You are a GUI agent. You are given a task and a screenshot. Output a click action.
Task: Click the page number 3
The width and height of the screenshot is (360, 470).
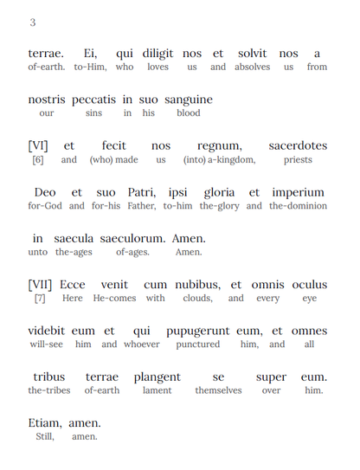click(x=33, y=23)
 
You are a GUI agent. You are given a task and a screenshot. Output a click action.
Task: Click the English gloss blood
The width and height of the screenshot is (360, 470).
click(x=188, y=113)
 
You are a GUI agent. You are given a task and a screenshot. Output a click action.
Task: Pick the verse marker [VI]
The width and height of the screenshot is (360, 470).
click(x=40, y=146)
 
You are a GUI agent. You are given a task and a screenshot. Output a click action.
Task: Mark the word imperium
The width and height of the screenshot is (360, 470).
click(x=299, y=192)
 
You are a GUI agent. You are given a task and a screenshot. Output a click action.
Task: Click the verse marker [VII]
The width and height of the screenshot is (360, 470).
click(x=42, y=285)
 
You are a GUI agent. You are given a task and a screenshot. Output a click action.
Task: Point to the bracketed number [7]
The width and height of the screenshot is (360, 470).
click(x=40, y=299)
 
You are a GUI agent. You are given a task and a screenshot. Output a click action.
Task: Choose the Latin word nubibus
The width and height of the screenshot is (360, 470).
click(x=196, y=285)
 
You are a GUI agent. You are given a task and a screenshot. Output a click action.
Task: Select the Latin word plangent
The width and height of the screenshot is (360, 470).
click(x=157, y=377)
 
